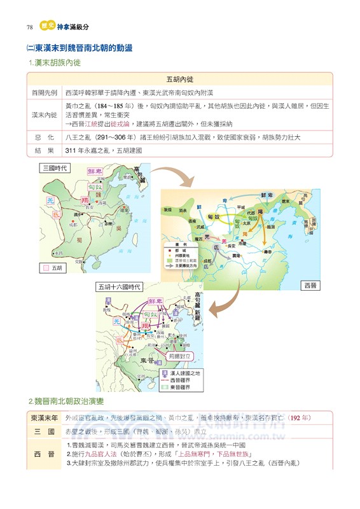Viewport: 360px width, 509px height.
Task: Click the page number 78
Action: click(x=29, y=27)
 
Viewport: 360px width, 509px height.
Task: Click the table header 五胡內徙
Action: click(x=179, y=80)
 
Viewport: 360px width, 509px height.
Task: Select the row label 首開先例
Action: click(x=44, y=93)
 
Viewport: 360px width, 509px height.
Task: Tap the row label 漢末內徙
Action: click(x=44, y=115)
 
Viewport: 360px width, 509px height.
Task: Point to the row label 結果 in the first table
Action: click(x=44, y=151)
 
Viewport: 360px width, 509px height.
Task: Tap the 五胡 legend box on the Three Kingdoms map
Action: click(x=53, y=268)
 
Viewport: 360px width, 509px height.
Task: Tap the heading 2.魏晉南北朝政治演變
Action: click(x=67, y=401)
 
